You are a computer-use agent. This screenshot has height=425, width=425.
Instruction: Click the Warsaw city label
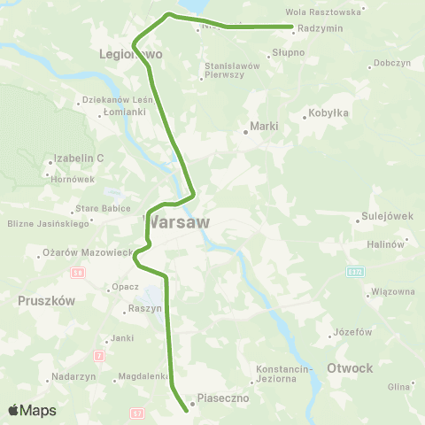pos(176,221)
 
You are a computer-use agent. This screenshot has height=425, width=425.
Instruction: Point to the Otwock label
pos(350,367)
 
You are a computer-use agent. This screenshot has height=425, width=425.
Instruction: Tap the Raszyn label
pos(144,308)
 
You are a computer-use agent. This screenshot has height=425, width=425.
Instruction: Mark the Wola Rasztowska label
pos(325,12)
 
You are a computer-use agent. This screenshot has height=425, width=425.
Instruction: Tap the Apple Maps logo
pos(32,410)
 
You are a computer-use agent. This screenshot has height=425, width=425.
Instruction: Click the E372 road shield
pos(354,271)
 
